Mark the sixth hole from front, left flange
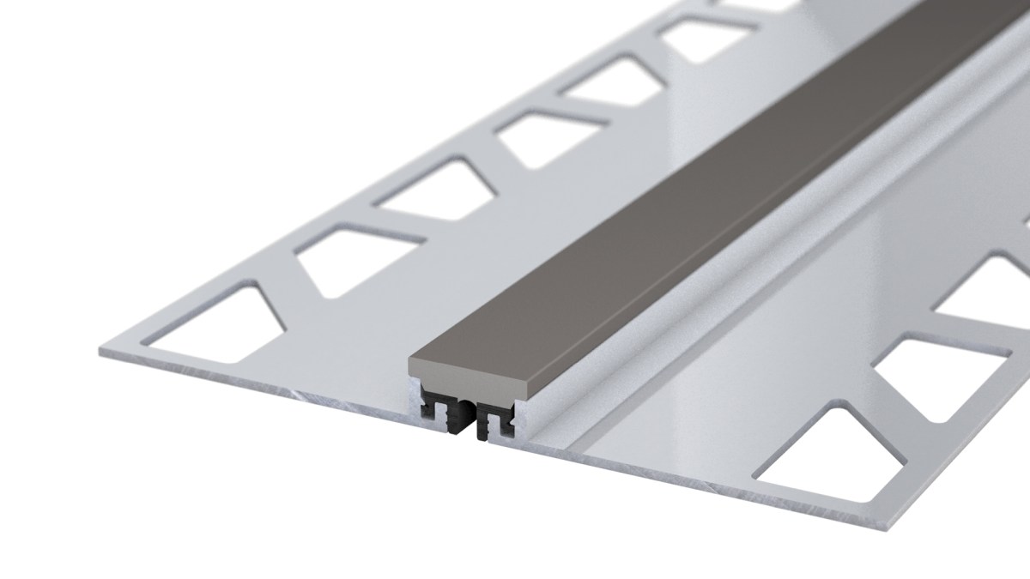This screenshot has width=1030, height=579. [x=699, y=39]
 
